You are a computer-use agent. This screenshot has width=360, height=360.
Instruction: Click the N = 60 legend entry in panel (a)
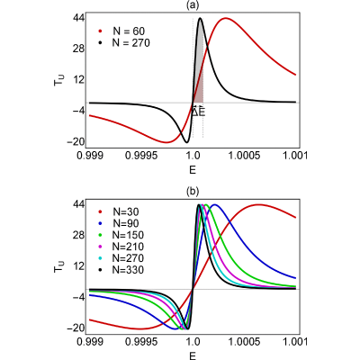pos(122,31)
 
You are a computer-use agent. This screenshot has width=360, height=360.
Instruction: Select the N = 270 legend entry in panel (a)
pos(125,43)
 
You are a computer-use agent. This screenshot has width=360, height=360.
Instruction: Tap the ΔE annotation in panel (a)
pos(198,112)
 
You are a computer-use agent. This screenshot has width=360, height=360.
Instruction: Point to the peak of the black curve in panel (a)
pos(200,19)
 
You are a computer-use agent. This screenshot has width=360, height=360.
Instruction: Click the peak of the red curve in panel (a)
pos(225,19)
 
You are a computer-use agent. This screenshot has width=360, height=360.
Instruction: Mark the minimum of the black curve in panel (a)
pos(186,142)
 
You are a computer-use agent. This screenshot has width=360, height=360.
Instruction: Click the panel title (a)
pos(193,5)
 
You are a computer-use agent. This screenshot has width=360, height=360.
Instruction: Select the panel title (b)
pos(193,192)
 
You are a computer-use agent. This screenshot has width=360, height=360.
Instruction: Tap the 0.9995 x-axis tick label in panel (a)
pos(143,156)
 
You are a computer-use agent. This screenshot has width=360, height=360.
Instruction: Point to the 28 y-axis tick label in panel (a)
pos(78,49)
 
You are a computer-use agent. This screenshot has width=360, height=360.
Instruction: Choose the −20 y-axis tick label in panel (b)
pos(76,328)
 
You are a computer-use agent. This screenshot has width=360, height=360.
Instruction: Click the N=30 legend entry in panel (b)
pos(119,211)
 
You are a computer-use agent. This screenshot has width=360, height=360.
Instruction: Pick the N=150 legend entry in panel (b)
pos(121,235)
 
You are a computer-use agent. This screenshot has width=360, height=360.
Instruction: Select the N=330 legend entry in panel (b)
pos(121,270)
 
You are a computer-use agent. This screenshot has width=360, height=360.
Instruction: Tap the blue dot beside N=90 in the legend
pos(101,223)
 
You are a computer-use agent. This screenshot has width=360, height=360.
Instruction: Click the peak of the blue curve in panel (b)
pos(215,205)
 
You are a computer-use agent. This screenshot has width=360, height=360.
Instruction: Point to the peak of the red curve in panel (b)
pos(258,205)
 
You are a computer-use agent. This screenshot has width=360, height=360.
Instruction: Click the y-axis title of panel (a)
pos(58,80)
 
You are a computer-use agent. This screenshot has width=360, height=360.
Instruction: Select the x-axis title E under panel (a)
pos(193,170)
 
